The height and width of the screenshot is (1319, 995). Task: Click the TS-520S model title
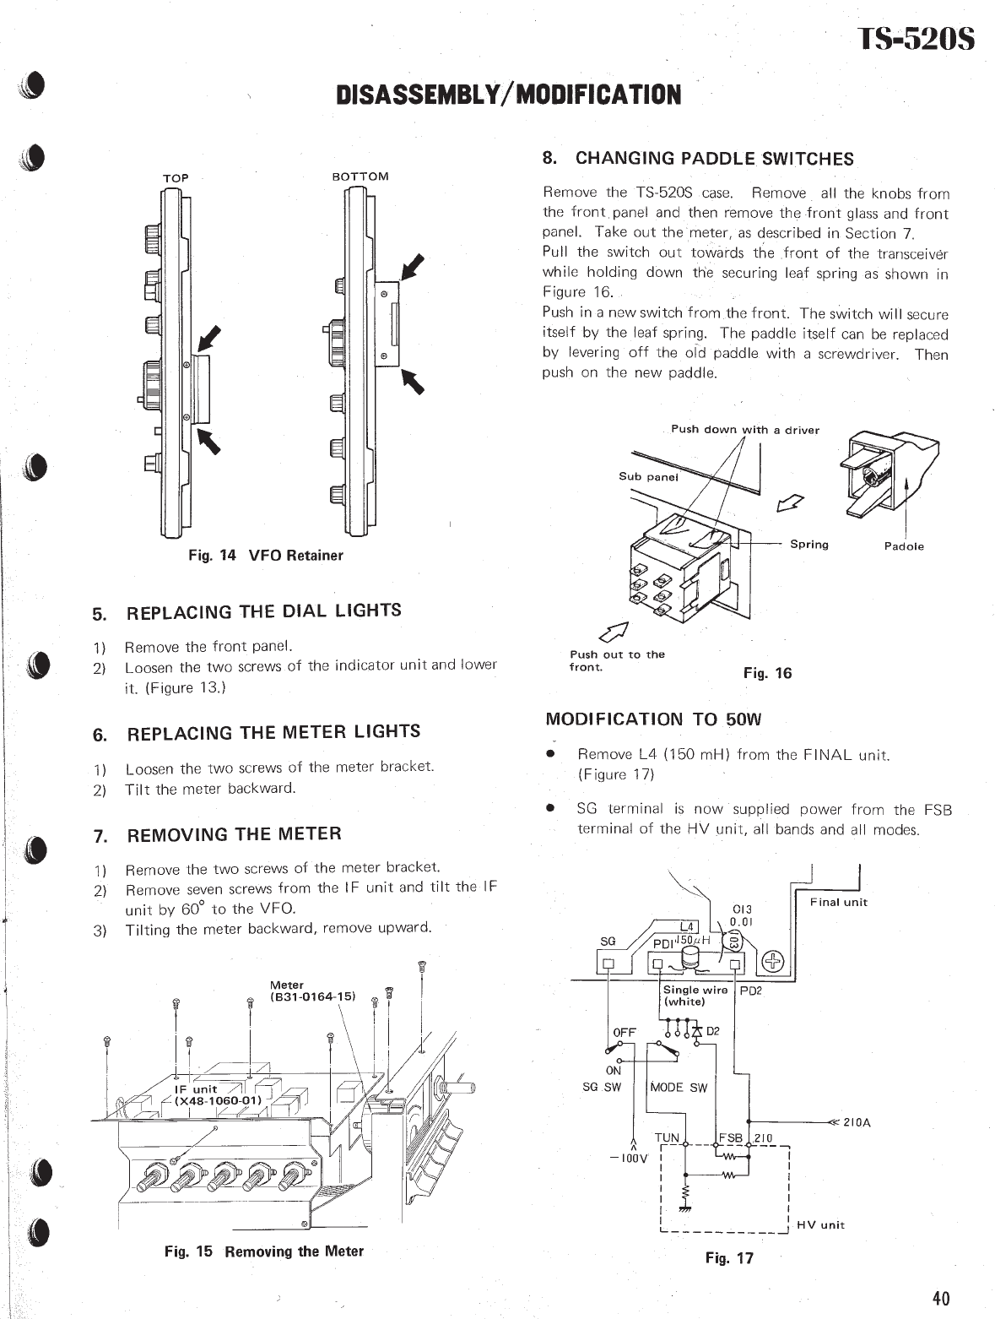[916, 40]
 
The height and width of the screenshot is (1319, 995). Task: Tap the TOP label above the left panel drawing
[176, 178]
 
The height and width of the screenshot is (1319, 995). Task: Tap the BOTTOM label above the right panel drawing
[360, 176]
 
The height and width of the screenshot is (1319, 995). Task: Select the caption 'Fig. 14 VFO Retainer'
[265, 556]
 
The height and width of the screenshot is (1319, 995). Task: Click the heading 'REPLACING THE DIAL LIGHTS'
[263, 611]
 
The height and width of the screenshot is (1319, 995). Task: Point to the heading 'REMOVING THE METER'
[234, 834]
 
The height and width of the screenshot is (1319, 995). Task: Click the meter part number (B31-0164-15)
[313, 996]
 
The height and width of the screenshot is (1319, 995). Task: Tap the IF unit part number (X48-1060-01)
[218, 1100]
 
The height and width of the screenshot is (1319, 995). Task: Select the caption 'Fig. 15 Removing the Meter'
[264, 1251]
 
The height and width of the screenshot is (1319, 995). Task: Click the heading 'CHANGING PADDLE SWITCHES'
[715, 159]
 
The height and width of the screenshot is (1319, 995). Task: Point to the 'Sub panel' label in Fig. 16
[648, 476]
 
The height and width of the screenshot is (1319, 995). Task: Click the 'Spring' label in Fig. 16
[808, 545]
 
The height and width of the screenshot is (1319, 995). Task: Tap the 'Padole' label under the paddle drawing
[904, 546]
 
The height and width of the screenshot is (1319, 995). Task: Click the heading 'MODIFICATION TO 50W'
[653, 719]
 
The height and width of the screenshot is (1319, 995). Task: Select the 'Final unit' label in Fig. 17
[838, 902]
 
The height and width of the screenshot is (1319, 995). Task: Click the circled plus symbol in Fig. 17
[773, 962]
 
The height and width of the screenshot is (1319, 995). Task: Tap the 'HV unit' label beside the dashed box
[820, 1224]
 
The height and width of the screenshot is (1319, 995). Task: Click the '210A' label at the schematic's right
[857, 1122]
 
